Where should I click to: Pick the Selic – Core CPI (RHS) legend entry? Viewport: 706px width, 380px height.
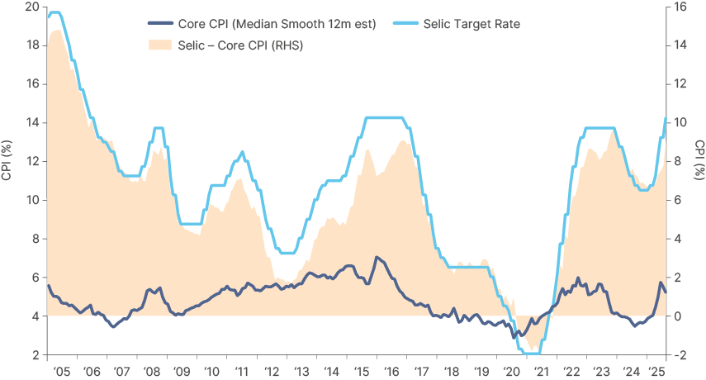240,45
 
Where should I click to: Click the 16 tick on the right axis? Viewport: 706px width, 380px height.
680,7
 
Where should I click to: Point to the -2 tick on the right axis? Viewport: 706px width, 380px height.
680,355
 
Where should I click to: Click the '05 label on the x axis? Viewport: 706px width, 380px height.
60,371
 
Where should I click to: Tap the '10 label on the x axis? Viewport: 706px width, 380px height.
211,371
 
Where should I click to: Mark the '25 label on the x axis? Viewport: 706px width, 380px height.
659,371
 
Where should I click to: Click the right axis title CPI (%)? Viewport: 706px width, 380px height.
699,161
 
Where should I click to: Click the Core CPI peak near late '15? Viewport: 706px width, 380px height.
377,257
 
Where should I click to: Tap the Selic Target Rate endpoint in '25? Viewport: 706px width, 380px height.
666,117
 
